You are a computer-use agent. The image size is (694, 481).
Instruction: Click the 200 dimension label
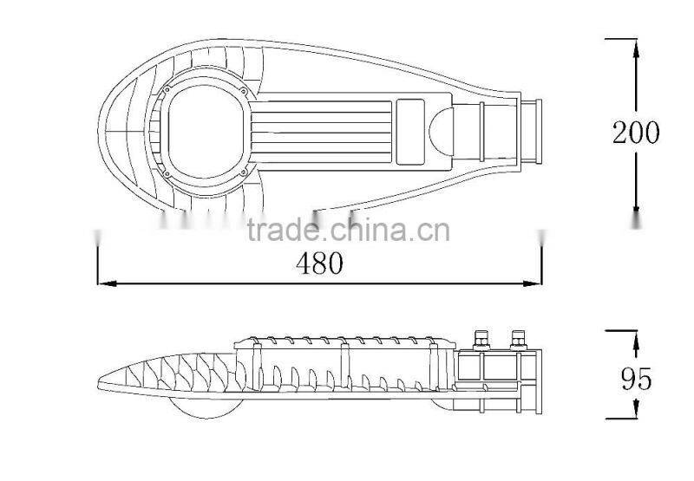(x=636, y=133)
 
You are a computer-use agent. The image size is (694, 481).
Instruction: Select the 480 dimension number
(x=319, y=263)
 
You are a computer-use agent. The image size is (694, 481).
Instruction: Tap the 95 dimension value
(x=637, y=379)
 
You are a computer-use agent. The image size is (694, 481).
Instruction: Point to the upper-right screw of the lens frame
(x=246, y=87)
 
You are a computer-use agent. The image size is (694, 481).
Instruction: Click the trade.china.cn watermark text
(x=347, y=231)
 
